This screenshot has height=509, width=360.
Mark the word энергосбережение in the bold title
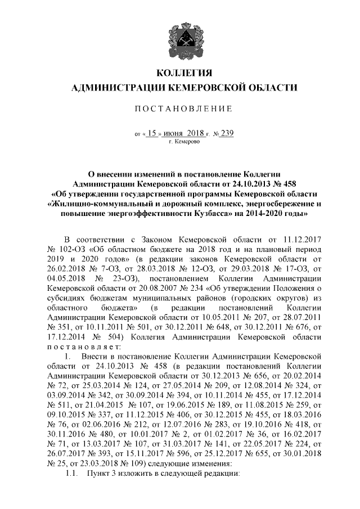click(x=272, y=204)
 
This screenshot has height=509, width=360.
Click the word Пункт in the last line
click(x=97, y=476)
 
